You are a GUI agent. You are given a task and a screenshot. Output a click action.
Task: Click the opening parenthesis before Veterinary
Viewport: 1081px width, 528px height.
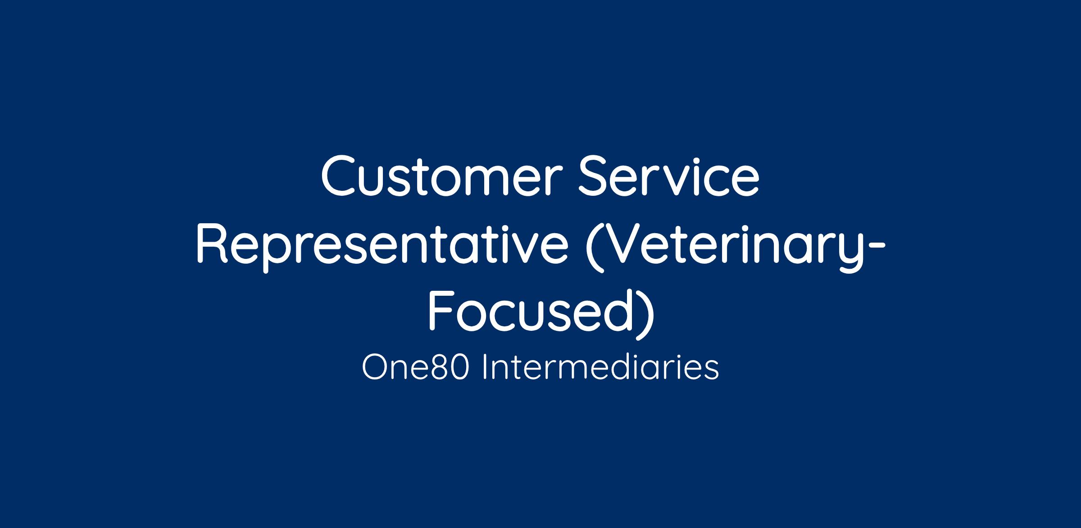(594, 248)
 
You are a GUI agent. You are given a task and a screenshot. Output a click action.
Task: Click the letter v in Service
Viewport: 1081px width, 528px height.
(695, 182)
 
